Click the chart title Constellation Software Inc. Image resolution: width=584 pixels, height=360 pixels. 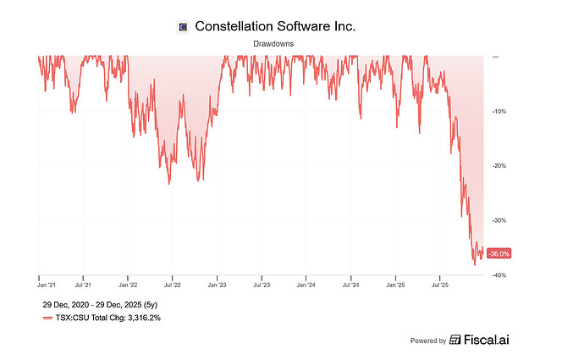point(274,26)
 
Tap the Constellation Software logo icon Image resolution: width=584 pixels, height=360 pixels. point(181,27)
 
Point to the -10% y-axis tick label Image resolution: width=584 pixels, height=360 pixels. point(499,111)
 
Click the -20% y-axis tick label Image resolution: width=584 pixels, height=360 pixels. point(499,166)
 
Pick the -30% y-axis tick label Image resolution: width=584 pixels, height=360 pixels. point(499,220)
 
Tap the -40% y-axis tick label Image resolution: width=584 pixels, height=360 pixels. point(499,275)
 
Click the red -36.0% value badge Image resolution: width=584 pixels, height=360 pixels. point(499,253)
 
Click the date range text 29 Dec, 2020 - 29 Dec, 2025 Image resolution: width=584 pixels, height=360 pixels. point(97,303)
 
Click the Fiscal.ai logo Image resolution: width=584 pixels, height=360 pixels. point(485,340)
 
